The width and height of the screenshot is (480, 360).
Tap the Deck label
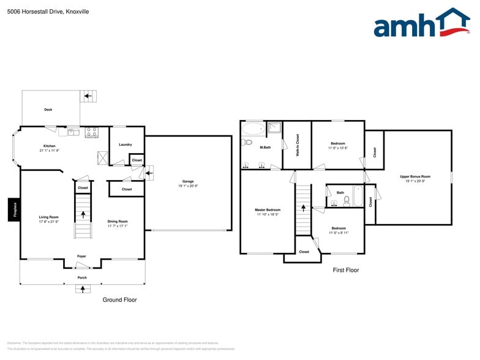pyautogui.click(x=48, y=110)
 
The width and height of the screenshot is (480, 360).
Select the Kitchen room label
pyautogui.click(x=49, y=146)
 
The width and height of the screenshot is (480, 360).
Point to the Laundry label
pyautogui.click(x=125, y=144)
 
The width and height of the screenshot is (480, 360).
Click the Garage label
pyautogui.click(x=188, y=181)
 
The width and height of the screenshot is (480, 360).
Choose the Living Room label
pyautogui.click(x=49, y=217)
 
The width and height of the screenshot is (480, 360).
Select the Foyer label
pyautogui.click(x=81, y=256)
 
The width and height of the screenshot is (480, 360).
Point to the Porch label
pyautogui.click(x=82, y=277)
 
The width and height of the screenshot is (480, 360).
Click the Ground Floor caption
pyautogui.click(x=119, y=300)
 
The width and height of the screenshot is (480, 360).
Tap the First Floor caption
pyautogui.click(x=345, y=270)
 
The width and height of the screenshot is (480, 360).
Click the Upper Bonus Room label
pyautogui.click(x=415, y=176)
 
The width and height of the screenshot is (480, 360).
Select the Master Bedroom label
pyautogui.click(x=268, y=210)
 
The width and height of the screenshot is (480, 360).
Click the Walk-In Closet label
pyautogui.click(x=298, y=146)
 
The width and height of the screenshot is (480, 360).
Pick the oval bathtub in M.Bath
pyautogui.click(x=253, y=129)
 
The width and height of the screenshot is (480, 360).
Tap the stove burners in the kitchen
pyautogui.click(x=91, y=130)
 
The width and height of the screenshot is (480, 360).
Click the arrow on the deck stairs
pyautogui.click(x=88, y=96)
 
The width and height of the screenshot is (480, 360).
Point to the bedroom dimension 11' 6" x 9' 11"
pyautogui.click(x=339, y=233)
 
